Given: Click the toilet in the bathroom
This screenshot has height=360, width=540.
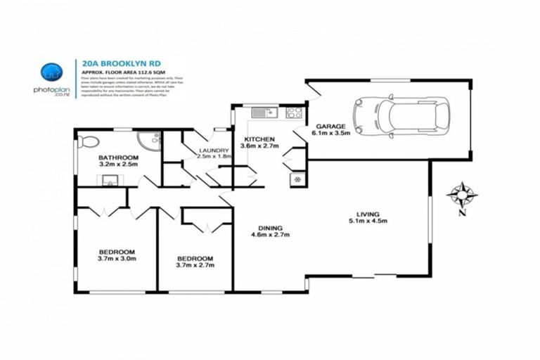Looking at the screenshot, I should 87,141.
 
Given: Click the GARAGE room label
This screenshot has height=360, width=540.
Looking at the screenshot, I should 330,127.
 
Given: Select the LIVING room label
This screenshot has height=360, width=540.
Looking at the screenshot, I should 368,214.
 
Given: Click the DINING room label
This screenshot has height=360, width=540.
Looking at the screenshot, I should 270,228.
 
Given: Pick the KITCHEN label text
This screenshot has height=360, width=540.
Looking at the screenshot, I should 259,139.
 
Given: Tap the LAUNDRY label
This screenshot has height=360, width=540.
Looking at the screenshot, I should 214,150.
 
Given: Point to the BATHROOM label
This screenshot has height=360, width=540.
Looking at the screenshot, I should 118,157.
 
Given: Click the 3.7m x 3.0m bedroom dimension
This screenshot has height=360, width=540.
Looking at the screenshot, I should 117,259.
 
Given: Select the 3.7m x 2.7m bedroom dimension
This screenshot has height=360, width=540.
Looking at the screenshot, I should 195,266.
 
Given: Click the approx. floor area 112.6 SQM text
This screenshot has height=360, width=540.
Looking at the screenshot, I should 121,72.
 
